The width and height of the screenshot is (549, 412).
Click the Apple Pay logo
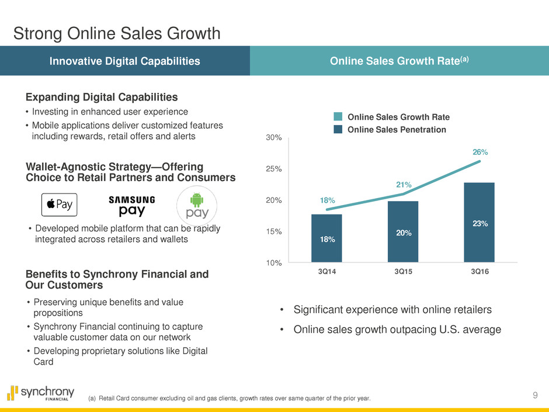(59, 205)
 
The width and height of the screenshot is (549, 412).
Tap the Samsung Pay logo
(132, 206)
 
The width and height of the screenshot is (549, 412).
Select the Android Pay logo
(197, 204)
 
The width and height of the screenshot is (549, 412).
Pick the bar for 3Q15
(403, 232)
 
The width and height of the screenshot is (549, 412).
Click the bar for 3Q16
(479, 223)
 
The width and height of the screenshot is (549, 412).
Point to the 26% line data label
(479, 152)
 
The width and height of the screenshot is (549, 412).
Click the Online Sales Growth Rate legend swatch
(338, 117)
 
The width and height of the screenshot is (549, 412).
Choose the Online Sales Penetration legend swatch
(338, 129)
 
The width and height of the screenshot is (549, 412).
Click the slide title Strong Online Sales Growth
(117, 33)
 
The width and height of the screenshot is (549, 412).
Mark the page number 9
(536, 396)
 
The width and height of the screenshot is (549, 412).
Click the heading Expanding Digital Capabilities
(102, 96)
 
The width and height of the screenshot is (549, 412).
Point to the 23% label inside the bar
(479, 223)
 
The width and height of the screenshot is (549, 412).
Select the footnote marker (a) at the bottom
(92, 399)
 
